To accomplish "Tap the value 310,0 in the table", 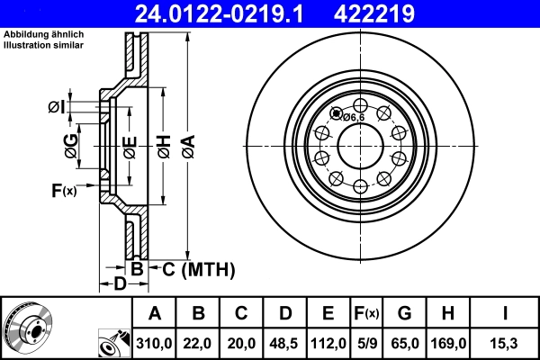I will pyautogui.click(x=155, y=343).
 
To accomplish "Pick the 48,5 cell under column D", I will pyautogui.click(x=284, y=343).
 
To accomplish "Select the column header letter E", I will pyautogui.click(x=327, y=313).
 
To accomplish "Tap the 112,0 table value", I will pyautogui.click(x=327, y=343).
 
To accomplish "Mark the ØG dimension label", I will pyautogui.click(x=70, y=143).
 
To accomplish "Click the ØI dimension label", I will pyautogui.click(x=57, y=108).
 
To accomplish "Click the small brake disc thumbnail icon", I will pyautogui.click(x=27, y=328).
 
